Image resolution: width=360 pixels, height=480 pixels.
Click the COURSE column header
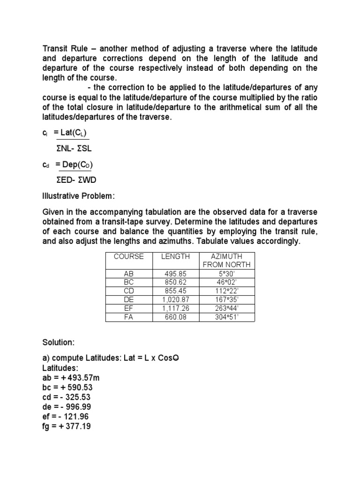point(128,256)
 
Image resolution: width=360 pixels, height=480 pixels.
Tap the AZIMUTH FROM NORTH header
point(226,260)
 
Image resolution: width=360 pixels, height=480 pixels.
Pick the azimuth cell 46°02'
point(226,282)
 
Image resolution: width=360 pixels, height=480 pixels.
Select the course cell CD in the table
point(128,291)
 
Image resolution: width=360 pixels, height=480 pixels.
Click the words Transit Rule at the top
point(64,49)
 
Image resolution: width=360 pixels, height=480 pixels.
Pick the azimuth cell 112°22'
point(226,291)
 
